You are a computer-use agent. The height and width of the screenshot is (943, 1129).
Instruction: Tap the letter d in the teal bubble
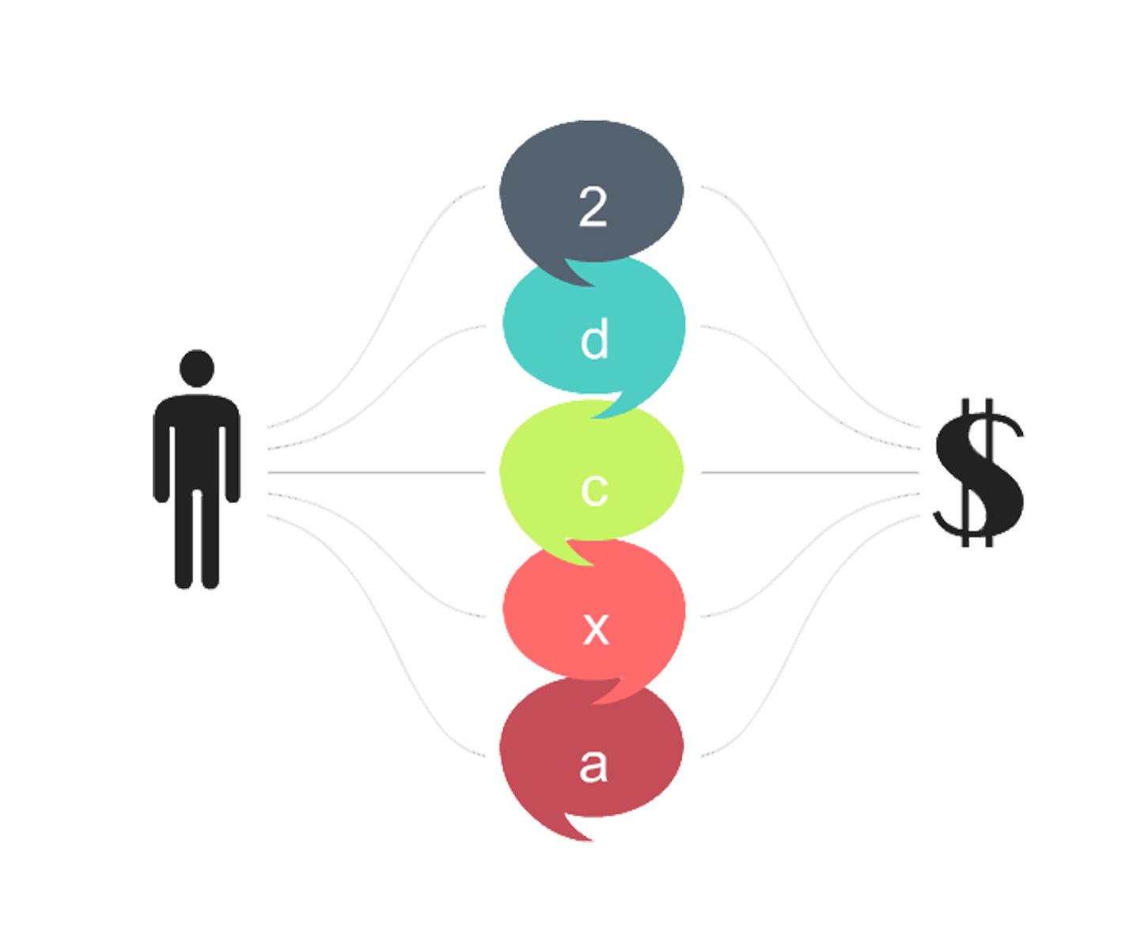tap(594, 338)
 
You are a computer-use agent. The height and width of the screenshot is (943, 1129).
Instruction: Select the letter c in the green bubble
tap(594, 490)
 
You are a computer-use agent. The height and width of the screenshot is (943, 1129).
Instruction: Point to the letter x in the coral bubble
tap(596, 629)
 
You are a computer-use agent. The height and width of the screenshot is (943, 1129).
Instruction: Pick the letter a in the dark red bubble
tap(593, 766)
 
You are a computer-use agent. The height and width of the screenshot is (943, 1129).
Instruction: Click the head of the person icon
tap(197, 368)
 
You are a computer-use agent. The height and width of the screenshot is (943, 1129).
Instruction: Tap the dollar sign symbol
tap(978, 472)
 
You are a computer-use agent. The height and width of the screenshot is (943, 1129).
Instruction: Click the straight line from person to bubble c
tap(377, 472)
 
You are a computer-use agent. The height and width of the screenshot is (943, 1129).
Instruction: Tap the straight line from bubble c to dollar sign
tap(810, 472)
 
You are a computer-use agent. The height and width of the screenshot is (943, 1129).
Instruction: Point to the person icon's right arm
tap(233, 460)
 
